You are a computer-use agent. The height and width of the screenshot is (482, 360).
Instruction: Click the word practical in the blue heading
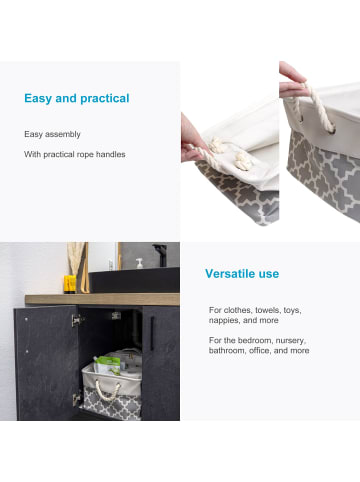(105, 99)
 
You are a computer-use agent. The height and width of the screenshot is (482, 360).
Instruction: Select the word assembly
(63, 134)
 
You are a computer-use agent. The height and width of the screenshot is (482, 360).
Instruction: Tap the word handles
(111, 154)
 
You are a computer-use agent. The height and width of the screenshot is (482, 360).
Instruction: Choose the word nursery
(291, 341)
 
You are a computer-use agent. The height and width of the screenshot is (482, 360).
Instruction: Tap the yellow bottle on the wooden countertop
(70, 284)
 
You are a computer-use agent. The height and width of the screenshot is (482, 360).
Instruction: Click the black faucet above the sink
(161, 255)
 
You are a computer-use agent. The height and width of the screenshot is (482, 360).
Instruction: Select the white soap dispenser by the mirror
(139, 263)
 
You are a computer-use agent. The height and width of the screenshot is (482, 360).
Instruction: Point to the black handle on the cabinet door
(152, 333)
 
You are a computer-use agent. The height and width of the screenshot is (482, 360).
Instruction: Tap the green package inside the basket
(107, 366)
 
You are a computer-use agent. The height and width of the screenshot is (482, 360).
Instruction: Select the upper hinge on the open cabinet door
(77, 321)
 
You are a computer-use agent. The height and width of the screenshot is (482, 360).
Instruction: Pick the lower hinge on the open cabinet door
(77, 399)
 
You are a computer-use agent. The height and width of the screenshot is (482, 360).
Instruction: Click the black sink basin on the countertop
(135, 280)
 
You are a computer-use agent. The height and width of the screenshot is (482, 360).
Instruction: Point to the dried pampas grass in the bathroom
(76, 258)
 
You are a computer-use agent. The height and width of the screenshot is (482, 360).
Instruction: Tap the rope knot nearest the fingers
(217, 146)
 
